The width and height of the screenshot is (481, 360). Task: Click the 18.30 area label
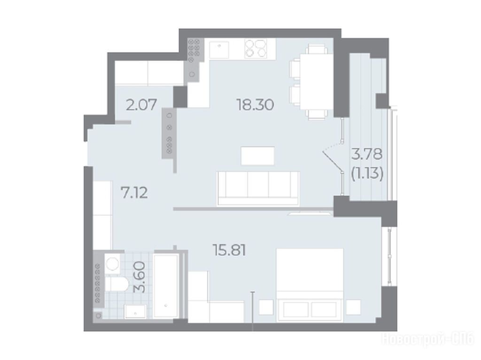(x=255, y=105)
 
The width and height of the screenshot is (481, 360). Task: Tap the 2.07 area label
(x=141, y=105)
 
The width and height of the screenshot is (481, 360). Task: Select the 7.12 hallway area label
(x=134, y=193)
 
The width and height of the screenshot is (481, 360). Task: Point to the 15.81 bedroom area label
(x=229, y=250)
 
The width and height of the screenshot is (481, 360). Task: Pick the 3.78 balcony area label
(x=367, y=154)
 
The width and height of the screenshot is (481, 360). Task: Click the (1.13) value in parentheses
(x=367, y=175)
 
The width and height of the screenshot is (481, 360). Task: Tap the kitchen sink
(x=219, y=50)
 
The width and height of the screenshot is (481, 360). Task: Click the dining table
(x=316, y=81)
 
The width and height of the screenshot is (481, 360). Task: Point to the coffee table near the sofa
(x=257, y=156)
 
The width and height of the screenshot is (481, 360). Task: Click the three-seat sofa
(x=258, y=188)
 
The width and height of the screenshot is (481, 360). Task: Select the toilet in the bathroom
(x=116, y=284)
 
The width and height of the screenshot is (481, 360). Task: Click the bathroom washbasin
(x=135, y=312)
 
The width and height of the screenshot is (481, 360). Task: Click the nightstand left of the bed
(x=266, y=307)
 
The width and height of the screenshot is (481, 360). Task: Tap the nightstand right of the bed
(x=353, y=307)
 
